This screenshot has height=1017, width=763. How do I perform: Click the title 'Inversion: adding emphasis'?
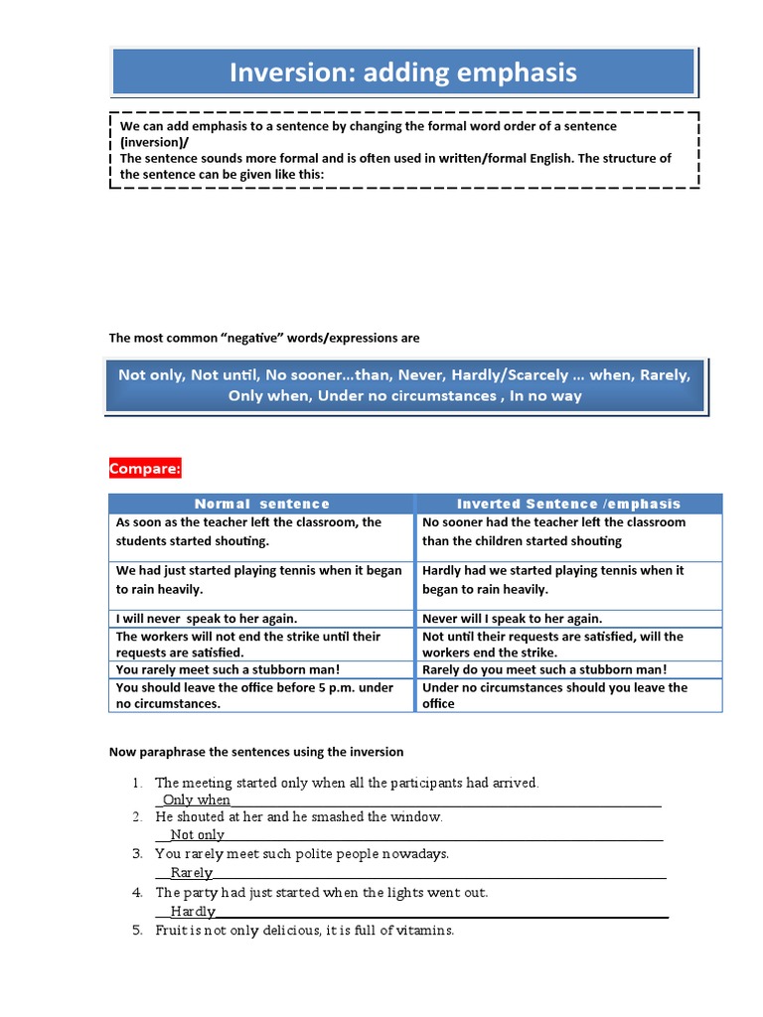tap(402, 73)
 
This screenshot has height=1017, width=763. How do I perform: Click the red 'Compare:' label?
tap(145, 469)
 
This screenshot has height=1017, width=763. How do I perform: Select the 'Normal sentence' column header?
tap(261, 504)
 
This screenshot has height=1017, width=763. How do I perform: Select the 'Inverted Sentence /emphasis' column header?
tap(568, 504)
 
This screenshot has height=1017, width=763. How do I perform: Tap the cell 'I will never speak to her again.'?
tap(207, 618)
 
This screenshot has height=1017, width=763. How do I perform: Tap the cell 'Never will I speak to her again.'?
tap(512, 618)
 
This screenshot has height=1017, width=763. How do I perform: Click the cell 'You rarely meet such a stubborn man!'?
tap(228, 669)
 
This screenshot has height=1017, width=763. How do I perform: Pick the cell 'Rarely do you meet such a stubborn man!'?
tap(544, 669)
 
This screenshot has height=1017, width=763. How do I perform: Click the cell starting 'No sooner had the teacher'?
tap(553, 531)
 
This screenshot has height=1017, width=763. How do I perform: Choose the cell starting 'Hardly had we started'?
tap(552, 580)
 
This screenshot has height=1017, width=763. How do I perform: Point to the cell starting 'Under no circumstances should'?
tap(554, 695)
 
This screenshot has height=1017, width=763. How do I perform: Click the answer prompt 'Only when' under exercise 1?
tap(197, 799)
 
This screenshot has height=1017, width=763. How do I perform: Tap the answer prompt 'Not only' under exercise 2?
tap(197, 835)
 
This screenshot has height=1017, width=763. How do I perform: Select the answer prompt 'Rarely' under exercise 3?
tap(191, 872)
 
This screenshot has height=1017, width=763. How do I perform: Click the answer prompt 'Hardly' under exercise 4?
tap(192, 911)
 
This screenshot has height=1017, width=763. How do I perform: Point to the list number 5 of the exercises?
tap(137, 931)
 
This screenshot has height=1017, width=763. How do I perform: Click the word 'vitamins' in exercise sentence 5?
tap(424, 931)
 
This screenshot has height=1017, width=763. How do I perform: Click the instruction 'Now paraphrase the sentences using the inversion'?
tap(255, 752)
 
